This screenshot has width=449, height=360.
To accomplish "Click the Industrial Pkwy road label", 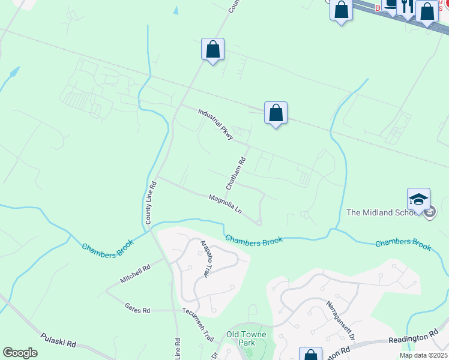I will tap(215, 125).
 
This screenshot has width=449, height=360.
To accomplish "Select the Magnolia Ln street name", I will tap(225, 205).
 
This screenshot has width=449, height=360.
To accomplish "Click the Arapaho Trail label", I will tap(205, 259).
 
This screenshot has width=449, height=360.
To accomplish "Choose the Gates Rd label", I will tap(137, 310).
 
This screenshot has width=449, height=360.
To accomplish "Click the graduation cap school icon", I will tap(418, 199).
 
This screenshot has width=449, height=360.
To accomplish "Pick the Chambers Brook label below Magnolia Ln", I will tap(254, 241).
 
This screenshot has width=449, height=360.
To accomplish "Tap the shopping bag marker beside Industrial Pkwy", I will tap(276, 113).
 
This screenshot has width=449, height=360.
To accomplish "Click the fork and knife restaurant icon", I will tap(407, 6).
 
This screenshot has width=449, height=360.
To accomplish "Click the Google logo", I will tap(20, 353).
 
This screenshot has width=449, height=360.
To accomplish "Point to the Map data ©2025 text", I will tap(423, 355).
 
